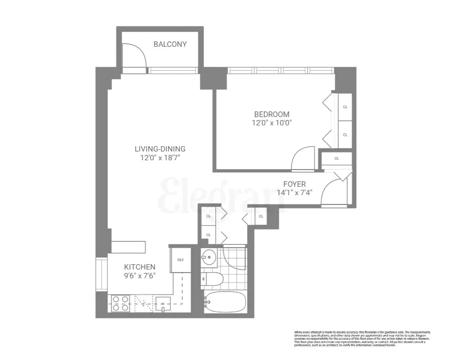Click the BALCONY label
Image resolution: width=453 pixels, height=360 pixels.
pyautogui.click(x=170, y=44)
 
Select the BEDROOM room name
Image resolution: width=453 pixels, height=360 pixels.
pyautogui.click(x=271, y=114)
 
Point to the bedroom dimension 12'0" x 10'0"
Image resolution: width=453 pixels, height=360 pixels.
pyautogui.click(x=271, y=123)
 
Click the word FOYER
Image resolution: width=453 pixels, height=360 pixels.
pyautogui.click(x=294, y=184)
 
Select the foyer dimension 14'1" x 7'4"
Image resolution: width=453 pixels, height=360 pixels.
pyautogui.click(x=294, y=193)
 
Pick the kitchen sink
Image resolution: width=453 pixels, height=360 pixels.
pyautogui.click(x=162, y=303)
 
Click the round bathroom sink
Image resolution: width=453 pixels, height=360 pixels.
pyautogui.click(x=211, y=257)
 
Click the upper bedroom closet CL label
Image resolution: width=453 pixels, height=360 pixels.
pyautogui.click(x=345, y=107)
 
